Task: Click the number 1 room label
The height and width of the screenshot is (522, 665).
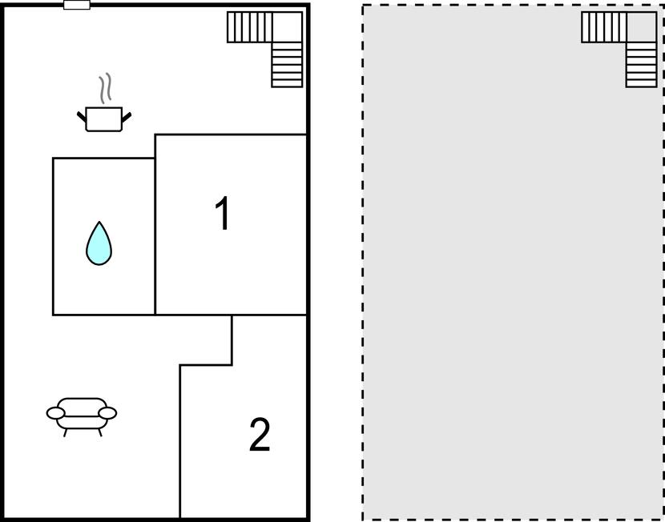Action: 223,215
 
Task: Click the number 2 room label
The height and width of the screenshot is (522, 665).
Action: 260,436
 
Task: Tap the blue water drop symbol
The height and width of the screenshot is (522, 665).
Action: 99,243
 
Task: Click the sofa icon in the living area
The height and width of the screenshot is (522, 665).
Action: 82,413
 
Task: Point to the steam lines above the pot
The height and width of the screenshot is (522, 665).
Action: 105,88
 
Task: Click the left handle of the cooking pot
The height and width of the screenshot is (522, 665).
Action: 81,117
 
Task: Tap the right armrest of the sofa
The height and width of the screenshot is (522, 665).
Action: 108,412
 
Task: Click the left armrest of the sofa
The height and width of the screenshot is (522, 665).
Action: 55,412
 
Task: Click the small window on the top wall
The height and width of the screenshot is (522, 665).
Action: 77,5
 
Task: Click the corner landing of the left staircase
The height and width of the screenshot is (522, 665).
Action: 288,26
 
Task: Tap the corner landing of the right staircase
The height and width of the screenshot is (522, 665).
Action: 641,26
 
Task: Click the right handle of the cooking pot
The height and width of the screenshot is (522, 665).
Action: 126,117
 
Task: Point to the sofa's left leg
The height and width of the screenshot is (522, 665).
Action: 65,433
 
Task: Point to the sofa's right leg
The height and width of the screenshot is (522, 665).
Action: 100,433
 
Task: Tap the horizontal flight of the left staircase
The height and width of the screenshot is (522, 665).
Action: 250,26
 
